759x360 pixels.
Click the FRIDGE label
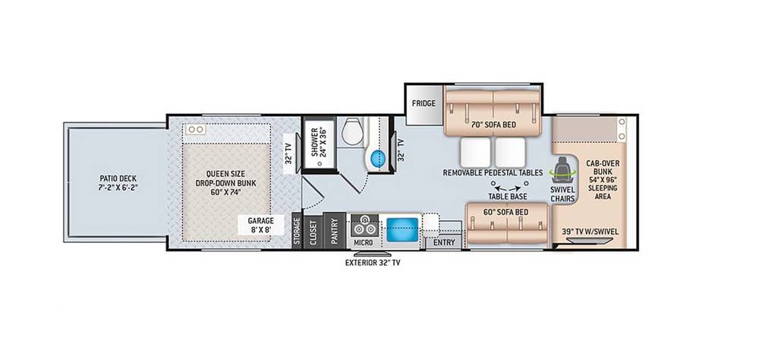tap(424, 103)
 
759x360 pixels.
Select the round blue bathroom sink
tap(379, 158)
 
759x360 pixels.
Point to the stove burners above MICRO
tap(364, 226)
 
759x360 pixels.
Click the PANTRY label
tap(334, 231)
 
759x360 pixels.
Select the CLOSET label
tap(313, 232)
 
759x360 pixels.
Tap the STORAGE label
tap(298, 231)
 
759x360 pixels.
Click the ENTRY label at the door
tap(444, 242)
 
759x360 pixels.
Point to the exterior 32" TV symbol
tap(372, 254)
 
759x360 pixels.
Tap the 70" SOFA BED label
tap(493, 125)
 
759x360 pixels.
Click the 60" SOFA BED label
tap(505, 212)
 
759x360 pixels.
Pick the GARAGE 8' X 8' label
tap(261, 225)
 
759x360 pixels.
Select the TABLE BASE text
tap(508, 196)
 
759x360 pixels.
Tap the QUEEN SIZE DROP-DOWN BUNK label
tap(225, 183)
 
